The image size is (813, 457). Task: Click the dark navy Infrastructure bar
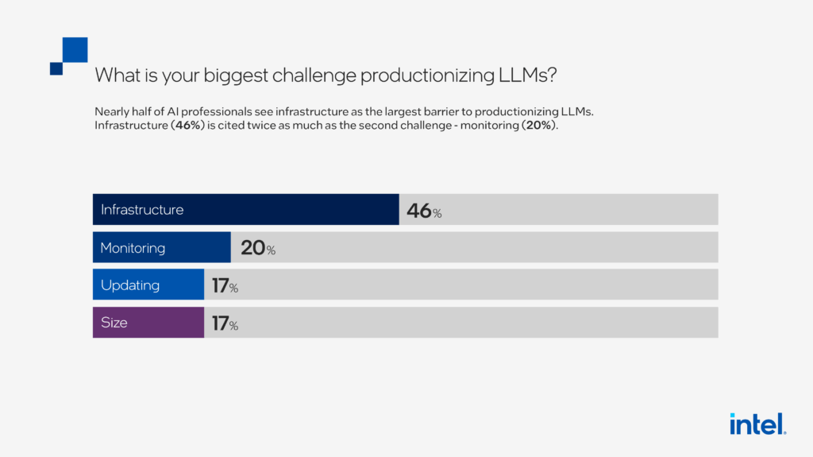pos(245,210)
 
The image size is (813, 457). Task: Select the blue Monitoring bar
pos(161,248)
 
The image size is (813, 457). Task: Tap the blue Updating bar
pos(148,285)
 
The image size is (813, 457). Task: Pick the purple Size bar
pos(148,323)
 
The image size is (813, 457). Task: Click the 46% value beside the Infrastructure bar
pos(423,211)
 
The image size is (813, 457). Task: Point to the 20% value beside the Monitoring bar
pos(257,248)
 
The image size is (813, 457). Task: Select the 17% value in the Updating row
pos(225,286)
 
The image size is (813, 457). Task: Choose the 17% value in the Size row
pos(225,323)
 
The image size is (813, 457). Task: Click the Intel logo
pos(757,424)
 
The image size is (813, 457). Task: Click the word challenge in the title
pos(310,76)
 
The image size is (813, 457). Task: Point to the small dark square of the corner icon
pos(56,68)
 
